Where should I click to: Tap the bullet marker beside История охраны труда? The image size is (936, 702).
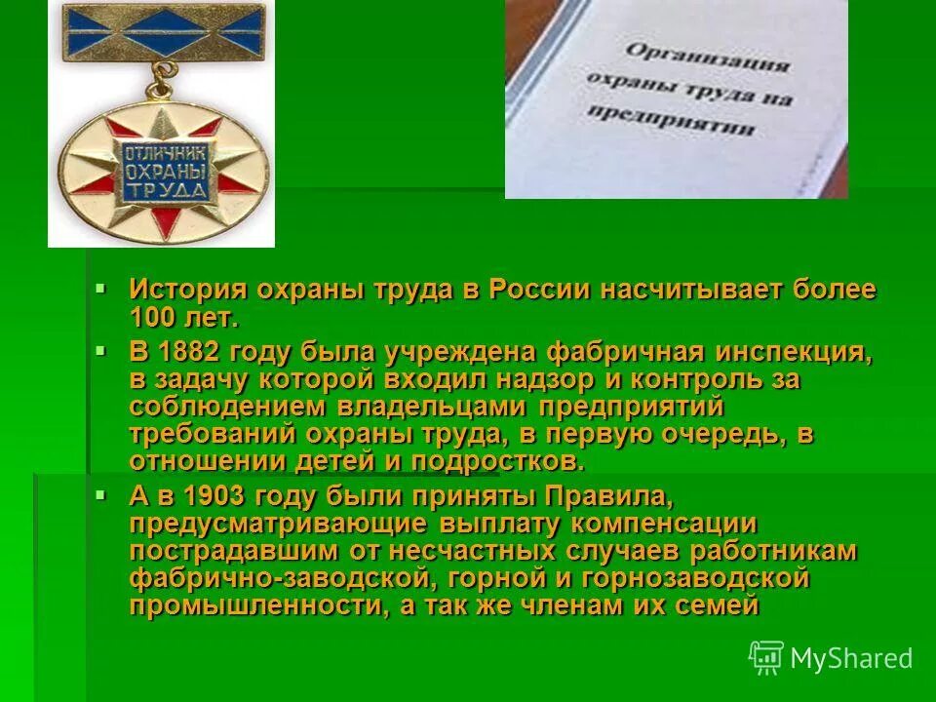[100, 288]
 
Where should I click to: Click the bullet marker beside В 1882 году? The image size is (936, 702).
[100, 348]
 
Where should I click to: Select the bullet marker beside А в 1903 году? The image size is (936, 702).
[100, 494]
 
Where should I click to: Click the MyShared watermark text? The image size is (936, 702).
[851, 658]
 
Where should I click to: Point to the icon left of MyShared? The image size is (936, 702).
[766, 657]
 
